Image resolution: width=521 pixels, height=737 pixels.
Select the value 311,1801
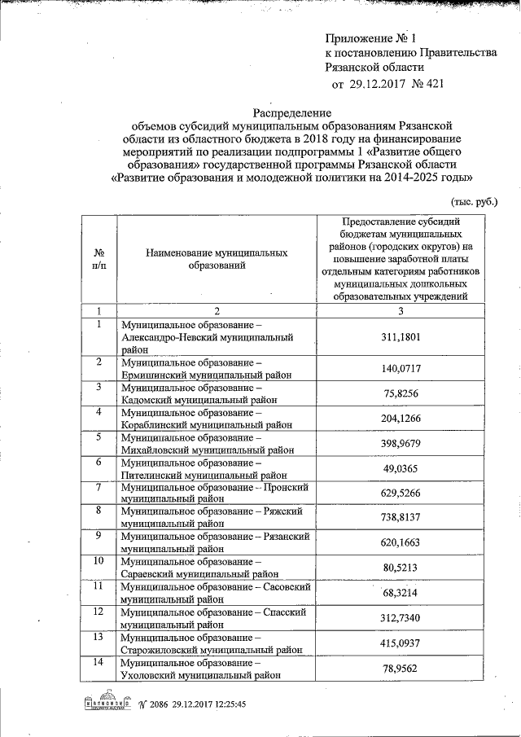[x=401, y=336]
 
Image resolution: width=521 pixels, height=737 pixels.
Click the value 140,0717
[x=401, y=369]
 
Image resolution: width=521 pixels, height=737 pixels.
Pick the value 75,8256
[x=401, y=393]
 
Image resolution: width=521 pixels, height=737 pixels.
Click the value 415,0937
[x=401, y=643]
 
